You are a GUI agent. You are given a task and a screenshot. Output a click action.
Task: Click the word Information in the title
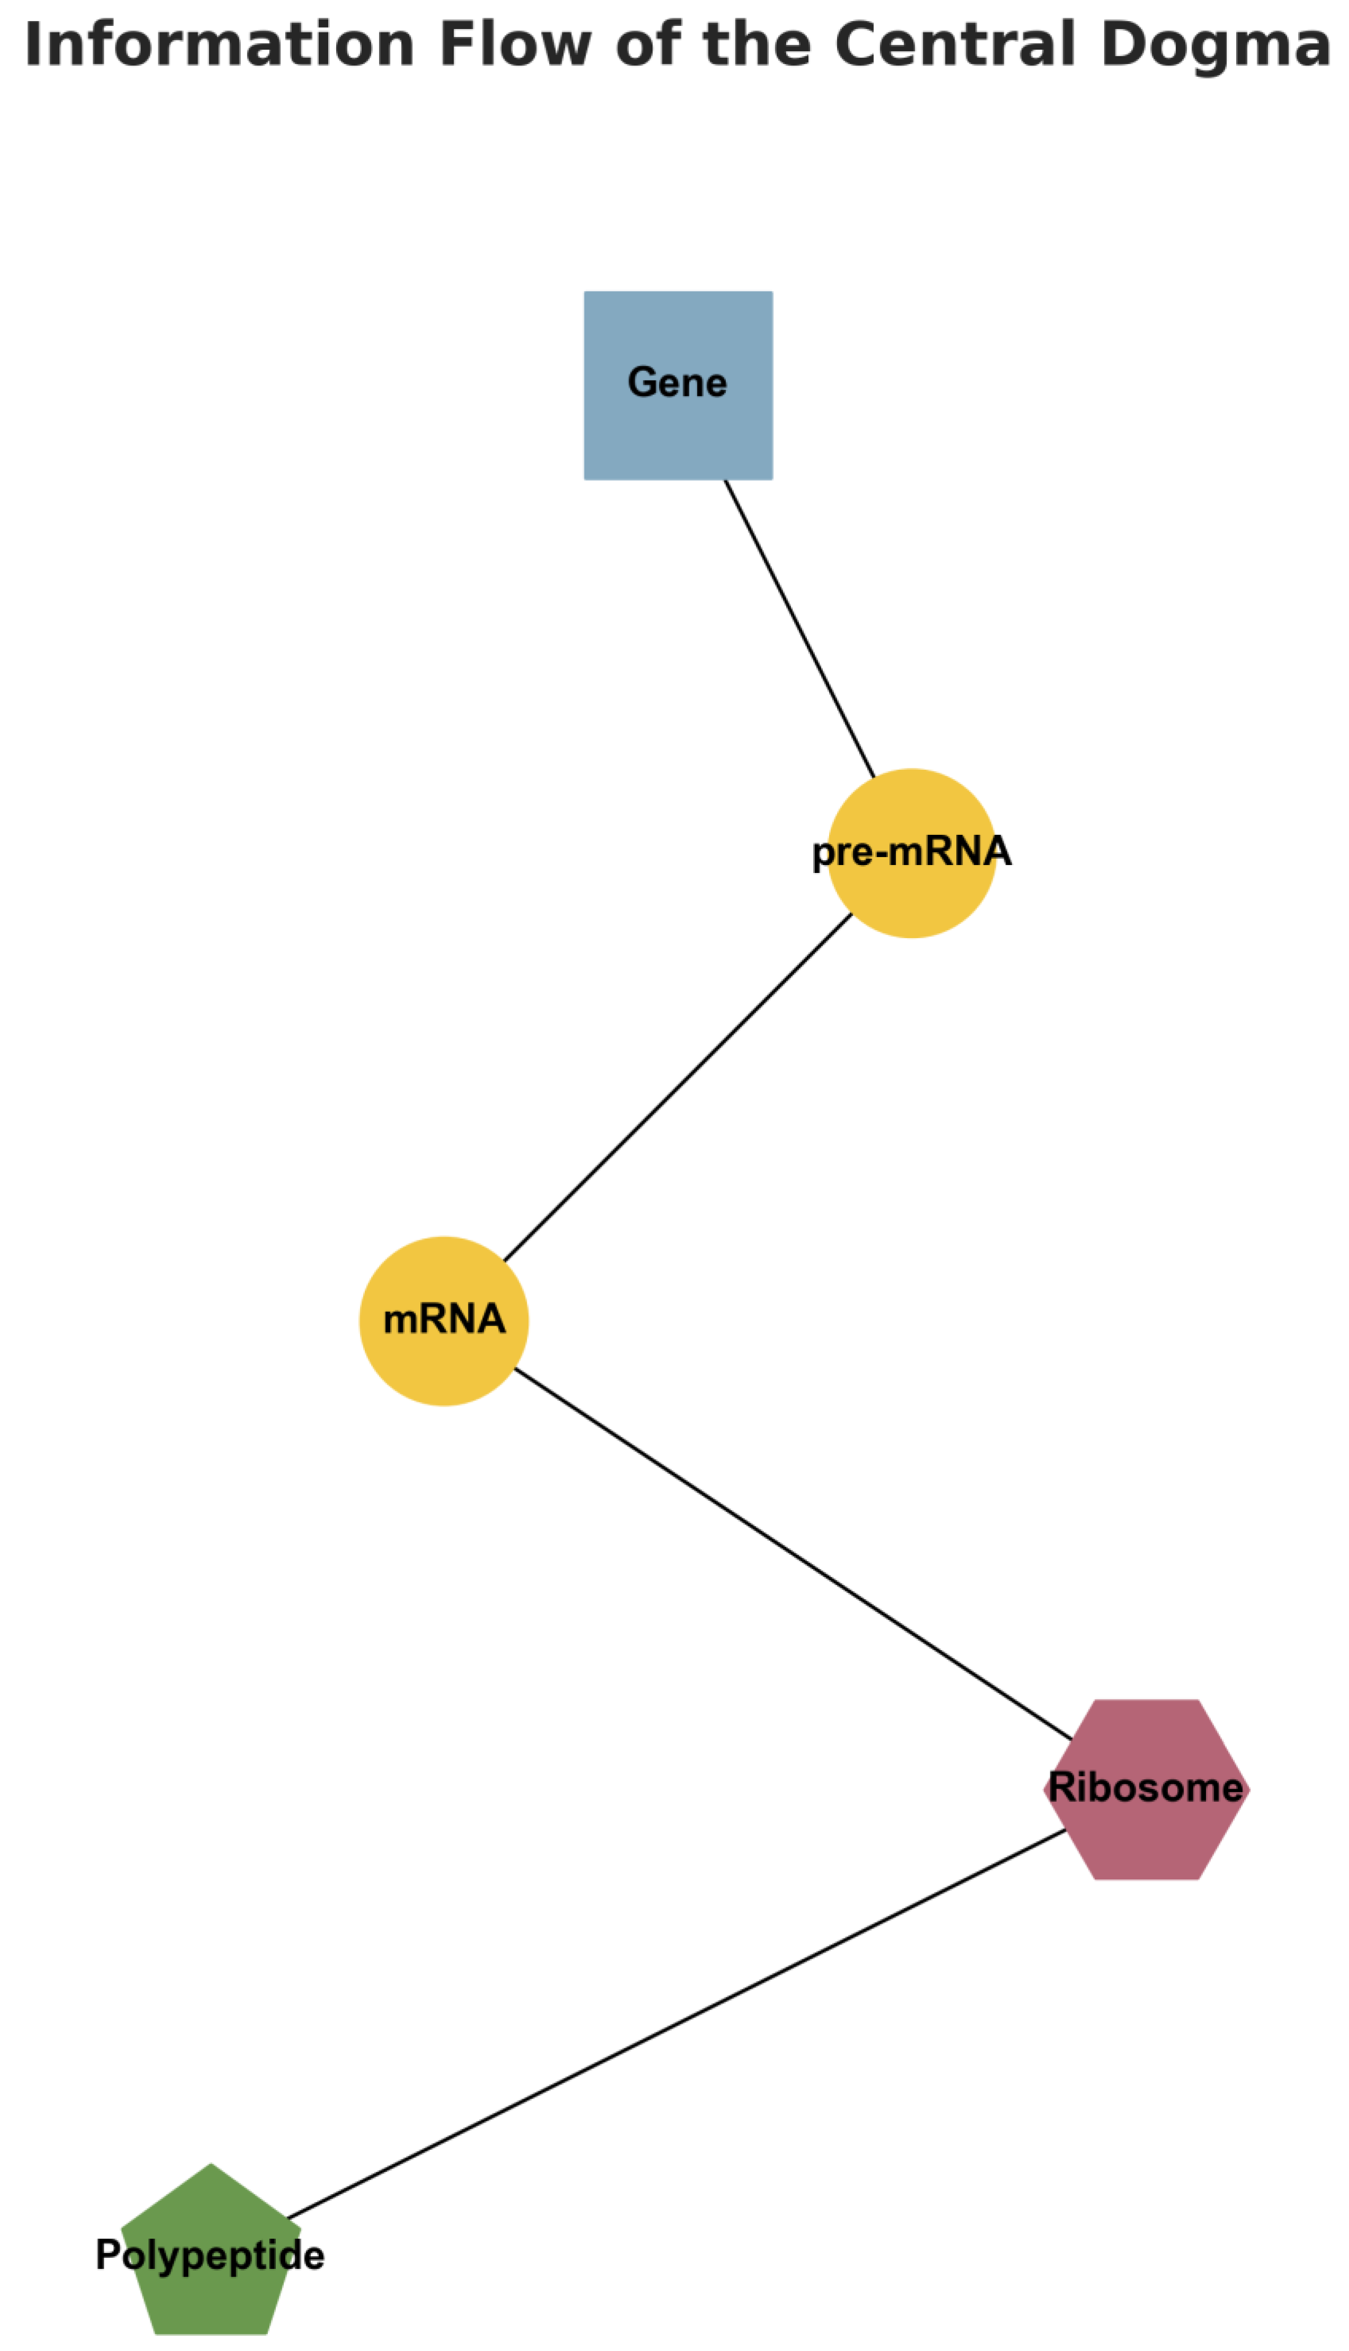click(219, 44)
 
